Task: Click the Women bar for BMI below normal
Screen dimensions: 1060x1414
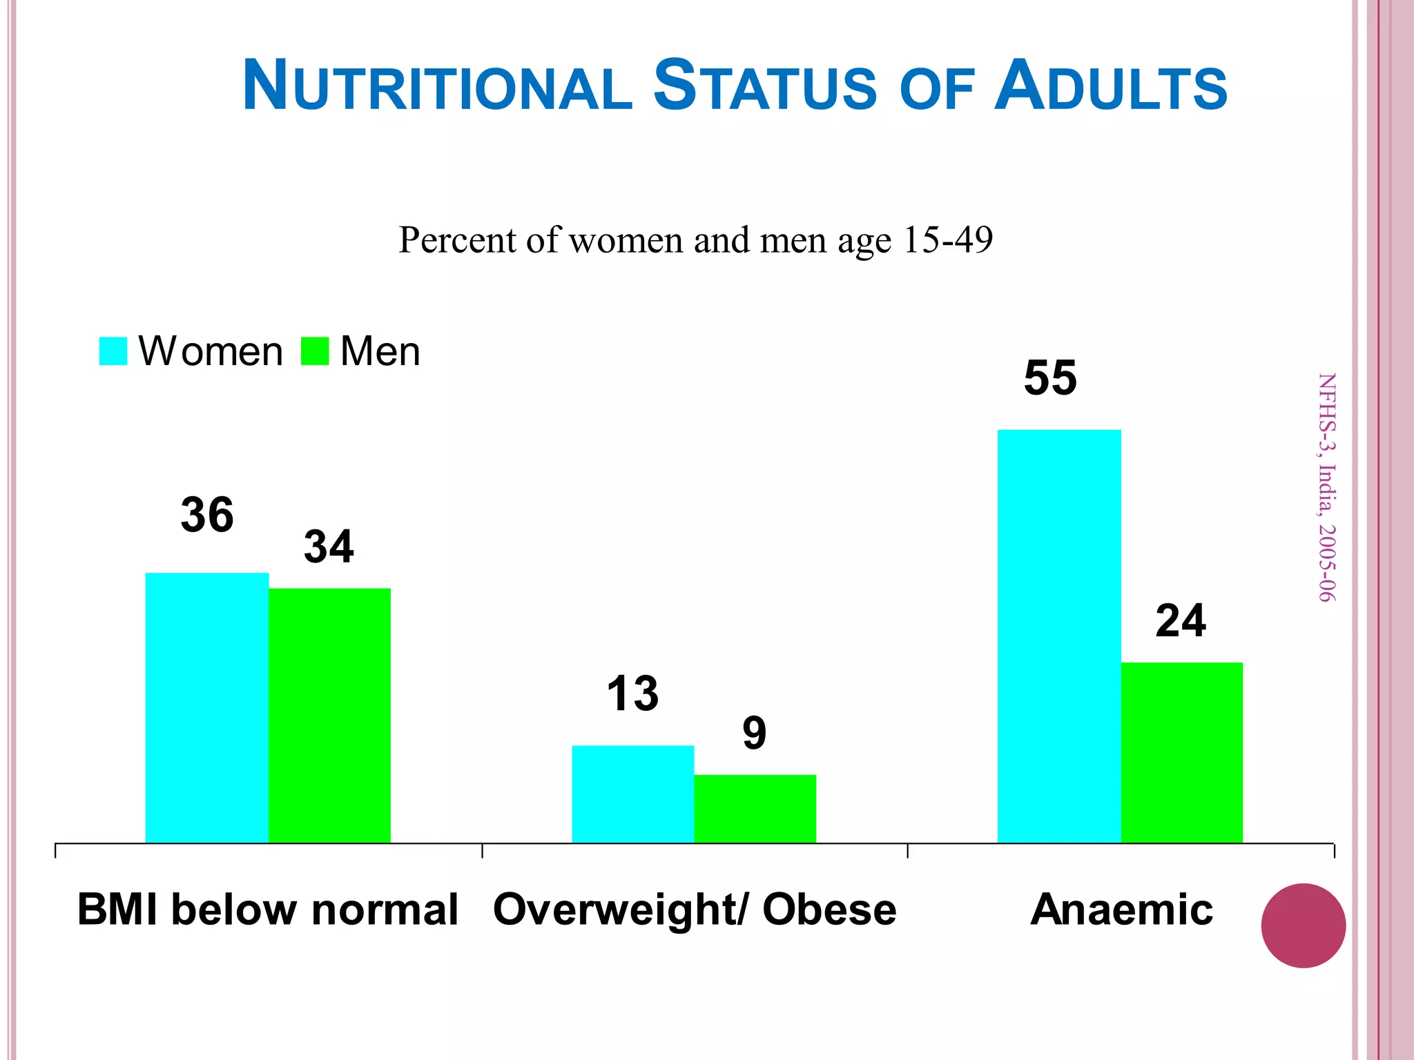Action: click(206, 707)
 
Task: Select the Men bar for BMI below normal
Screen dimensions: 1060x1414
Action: click(329, 715)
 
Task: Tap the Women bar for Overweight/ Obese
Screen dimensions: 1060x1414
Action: click(632, 794)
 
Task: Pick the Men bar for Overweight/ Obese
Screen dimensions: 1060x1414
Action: click(755, 808)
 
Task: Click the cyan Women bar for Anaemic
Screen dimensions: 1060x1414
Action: click(1059, 636)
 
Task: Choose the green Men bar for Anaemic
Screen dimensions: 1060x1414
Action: click(1181, 752)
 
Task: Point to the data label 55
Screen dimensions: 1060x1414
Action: click(1050, 378)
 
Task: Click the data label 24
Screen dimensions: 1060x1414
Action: click(1181, 621)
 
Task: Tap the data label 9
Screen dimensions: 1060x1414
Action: click(755, 733)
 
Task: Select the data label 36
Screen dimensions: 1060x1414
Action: click(207, 515)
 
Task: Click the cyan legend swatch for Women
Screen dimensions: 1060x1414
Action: click(113, 351)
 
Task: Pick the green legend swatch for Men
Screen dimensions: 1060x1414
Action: click(315, 351)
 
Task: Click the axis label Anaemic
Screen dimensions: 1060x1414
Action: click(1121, 909)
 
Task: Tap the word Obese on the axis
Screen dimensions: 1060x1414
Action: click(829, 909)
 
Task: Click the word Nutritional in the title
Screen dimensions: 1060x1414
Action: click(437, 86)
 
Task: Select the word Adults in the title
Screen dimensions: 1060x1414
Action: click(1110, 86)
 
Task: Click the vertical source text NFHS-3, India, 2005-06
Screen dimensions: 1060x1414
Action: click(1326, 487)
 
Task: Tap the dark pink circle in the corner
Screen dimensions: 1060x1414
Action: click(1303, 925)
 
